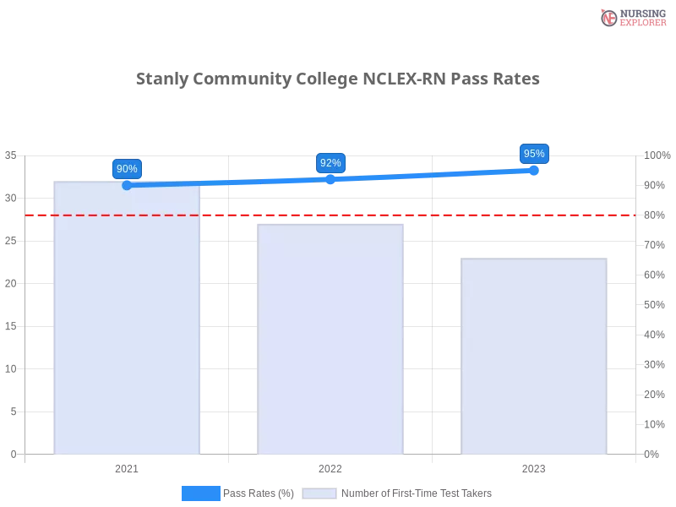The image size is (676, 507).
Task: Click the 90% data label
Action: click(x=127, y=168)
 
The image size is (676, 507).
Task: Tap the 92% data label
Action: click(x=330, y=162)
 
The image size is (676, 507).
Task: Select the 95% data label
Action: click(x=534, y=154)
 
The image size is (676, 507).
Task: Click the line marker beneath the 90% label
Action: click(x=127, y=185)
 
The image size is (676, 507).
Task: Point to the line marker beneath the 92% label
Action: click(x=330, y=179)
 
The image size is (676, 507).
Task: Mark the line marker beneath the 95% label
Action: click(x=534, y=170)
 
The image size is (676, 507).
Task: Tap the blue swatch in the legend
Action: click(x=200, y=493)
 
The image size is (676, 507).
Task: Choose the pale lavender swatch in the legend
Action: click(x=319, y=493)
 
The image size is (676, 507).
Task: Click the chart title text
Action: click(x=337, y=79)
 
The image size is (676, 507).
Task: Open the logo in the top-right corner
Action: click(x=631, y=17)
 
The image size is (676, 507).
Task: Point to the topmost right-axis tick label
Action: click(x=655, y=155)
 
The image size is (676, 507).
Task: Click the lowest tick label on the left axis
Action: click(x=13, y=454)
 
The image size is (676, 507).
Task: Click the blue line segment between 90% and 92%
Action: click(x=228, y=182)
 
